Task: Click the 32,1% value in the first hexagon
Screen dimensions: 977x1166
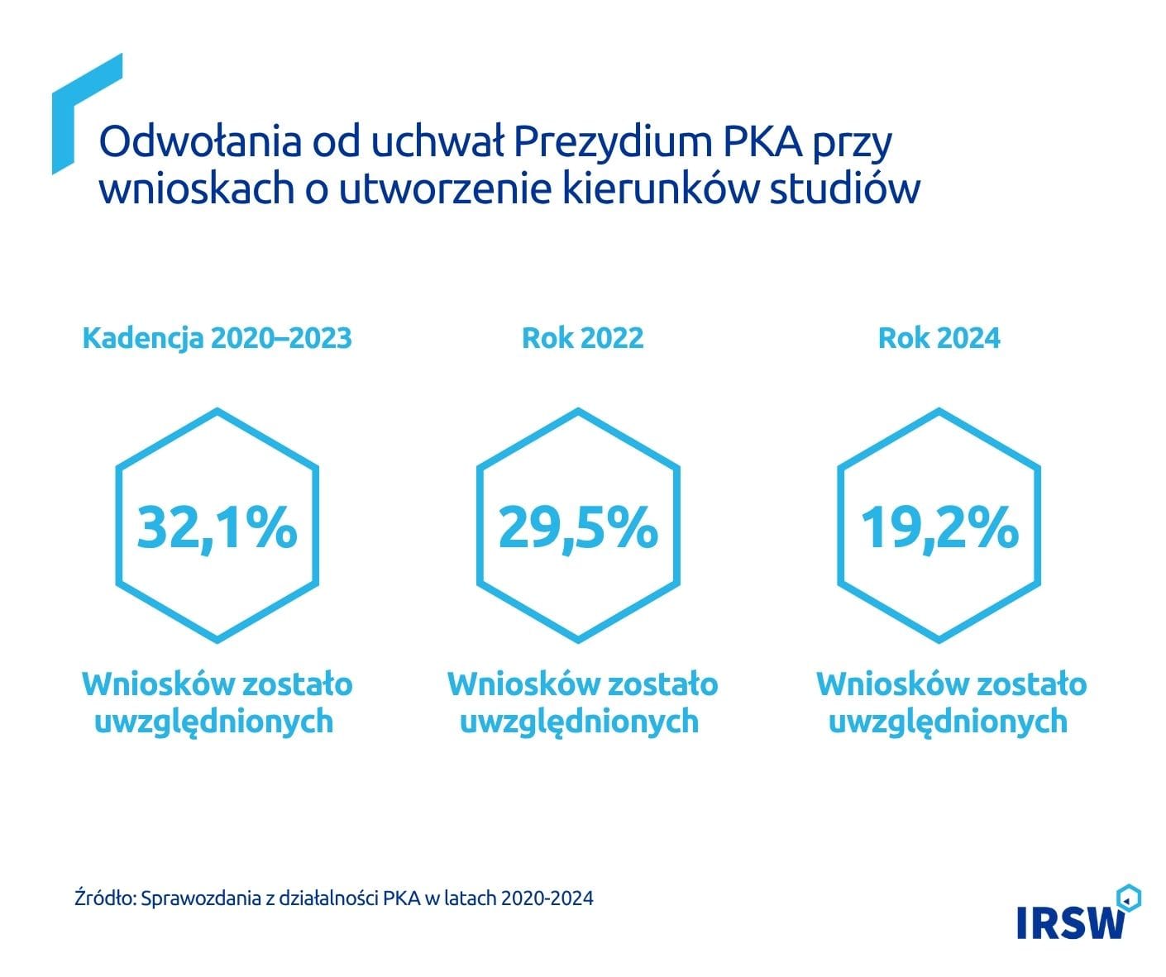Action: (217, 527)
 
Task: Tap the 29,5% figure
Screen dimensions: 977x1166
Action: (578, 527)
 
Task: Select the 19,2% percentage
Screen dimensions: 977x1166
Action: (939, 527)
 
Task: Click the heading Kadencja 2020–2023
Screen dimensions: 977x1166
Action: (217, 338)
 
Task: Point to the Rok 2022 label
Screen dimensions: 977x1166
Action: (582, 338)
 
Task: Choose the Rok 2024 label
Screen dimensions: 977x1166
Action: (939, 338)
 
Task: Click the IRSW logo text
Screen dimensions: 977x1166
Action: (1071, 923)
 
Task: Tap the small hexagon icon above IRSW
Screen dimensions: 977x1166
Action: (1128, 898)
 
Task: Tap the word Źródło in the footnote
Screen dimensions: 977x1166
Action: (104, 898)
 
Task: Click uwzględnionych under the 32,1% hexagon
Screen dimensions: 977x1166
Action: (213, 722)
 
